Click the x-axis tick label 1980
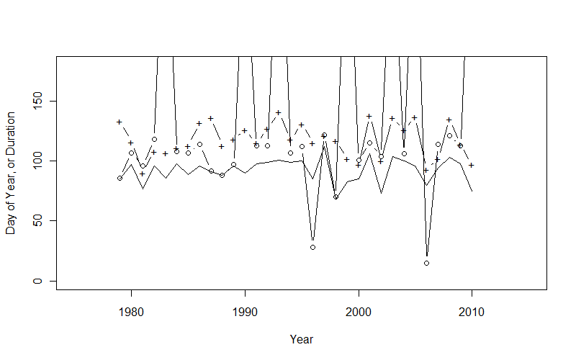pyautogui.click(x=131, y=312)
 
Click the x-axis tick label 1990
pyautogui.click(x=245, y=312)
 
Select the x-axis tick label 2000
pyautogui.click(x=359, y=312)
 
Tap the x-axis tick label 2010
pyautogui.click(x=472, y=312)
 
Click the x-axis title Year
pyautogui.click(x=301, y=338)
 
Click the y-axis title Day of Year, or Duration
pyautogui.click(x=11, y=174)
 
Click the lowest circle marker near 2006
pyautogui.click(x=426, y=263)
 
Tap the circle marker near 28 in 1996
pyautogui.click(x=312, y=247)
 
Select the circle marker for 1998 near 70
pyautogui.click(x=336, y=197)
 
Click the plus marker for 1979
pyautogui.click(x=120, y=122)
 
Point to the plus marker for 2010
pyautogui.click(x=472, y=165)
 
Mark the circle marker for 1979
pyautogui.click(x=120, y=178)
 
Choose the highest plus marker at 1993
pyautogui.click(x=279, y=112)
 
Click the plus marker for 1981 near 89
pyautogui.click(x=143, y=174)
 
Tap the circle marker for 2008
pyautogui.click(x=449, y=135)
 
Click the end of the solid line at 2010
pyautogui.click(x=472, y=190)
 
